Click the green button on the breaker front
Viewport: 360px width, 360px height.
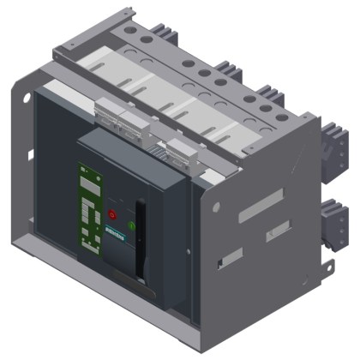pos(132,226)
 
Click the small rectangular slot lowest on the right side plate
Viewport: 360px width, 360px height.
pos(221,261)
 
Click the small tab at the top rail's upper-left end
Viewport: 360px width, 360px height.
pos(129,11)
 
